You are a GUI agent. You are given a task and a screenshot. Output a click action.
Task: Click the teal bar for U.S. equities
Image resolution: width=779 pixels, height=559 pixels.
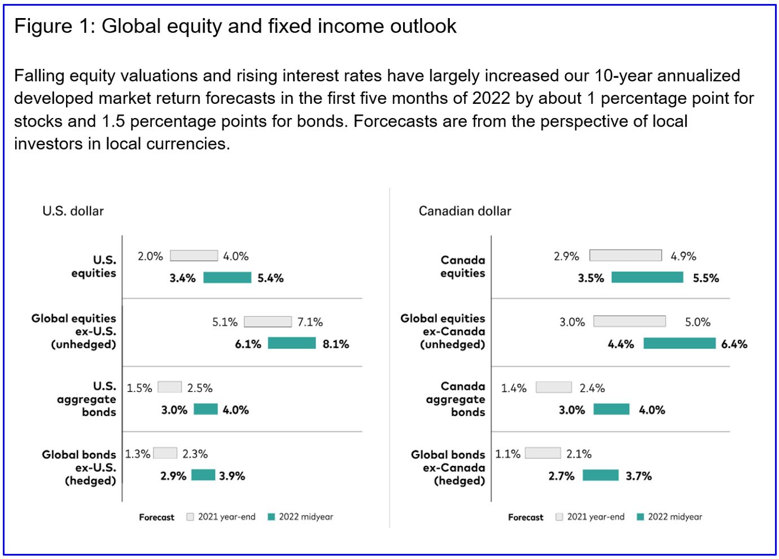[x=227, y=277]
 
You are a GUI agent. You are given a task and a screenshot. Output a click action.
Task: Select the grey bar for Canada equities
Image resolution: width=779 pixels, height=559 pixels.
[x=625, y=256]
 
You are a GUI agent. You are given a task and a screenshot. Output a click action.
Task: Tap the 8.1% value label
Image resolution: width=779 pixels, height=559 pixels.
[x=336, y=344]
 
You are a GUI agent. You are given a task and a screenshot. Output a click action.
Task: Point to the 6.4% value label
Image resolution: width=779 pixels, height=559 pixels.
[x=734, y=344]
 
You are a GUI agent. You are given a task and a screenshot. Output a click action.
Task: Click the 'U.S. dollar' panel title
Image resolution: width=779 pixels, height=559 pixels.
[x=73, y=211]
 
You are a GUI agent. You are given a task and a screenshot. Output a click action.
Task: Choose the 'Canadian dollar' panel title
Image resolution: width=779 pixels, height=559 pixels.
[x=465, y=211]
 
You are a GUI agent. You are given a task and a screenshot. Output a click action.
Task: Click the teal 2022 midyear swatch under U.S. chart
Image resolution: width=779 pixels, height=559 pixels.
[x=271, y=517]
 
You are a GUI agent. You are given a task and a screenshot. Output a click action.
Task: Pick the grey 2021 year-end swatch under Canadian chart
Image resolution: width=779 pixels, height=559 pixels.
[x=559, y=517]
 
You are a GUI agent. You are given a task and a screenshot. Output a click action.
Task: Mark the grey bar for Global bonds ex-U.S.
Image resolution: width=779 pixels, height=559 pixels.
[x=165, y=453]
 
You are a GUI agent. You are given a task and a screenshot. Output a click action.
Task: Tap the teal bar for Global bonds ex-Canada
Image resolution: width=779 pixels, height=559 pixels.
[x=600, y=475]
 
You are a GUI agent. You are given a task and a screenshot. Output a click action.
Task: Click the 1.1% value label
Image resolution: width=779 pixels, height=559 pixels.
[x=507, y=454]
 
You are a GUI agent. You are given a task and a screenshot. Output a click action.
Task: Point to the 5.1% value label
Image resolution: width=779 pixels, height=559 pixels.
[x=225, y=322]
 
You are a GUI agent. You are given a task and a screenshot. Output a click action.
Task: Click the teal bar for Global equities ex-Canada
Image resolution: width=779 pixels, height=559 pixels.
[x=679, y=343]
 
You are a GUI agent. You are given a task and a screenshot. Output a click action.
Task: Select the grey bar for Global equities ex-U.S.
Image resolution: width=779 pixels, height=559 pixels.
[x=268, y=322]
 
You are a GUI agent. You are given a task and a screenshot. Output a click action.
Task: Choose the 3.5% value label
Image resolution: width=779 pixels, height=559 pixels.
[x=590, y=278]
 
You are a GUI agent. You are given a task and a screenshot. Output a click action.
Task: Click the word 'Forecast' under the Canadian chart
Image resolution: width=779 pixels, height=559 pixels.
[x=526, y=517]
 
